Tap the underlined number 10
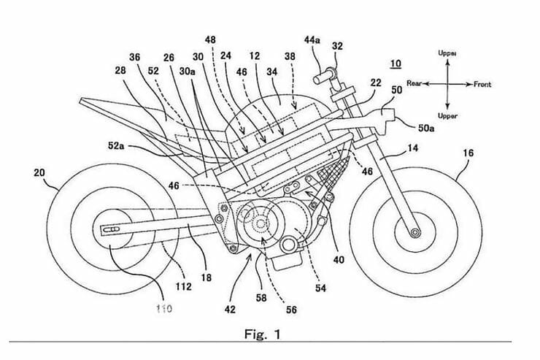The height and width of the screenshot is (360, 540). (395, 64)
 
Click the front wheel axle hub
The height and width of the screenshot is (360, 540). (415, 232)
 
